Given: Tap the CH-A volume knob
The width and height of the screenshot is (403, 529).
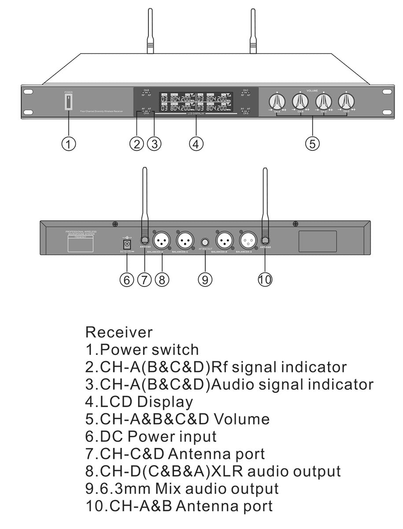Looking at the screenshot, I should click(277, 101).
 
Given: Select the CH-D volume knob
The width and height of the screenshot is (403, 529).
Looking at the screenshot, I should click(347, 101).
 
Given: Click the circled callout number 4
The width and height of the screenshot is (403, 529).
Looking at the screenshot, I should click(196, 143).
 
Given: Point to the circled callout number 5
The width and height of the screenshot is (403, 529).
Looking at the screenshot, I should click(312, 143).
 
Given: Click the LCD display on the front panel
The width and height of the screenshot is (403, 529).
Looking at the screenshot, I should click(196, 102).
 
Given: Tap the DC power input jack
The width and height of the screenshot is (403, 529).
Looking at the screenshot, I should click(127, 244).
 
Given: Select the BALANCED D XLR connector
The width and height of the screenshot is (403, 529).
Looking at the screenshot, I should click(162, 240).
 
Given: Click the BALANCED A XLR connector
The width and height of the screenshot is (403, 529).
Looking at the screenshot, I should click(247, 240).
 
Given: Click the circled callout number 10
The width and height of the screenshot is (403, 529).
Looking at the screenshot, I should click(265, 279).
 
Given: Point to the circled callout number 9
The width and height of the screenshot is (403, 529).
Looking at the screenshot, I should click(205, 279).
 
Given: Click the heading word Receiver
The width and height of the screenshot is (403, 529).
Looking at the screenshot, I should click(119, 332).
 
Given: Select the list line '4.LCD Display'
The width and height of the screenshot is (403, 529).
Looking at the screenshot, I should click(139, 402).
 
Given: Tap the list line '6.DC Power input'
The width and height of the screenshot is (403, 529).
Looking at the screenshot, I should click(151, 436).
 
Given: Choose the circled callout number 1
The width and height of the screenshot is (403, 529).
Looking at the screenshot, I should click(68, 143).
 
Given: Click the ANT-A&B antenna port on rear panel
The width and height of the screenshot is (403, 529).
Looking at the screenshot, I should click(265, 240).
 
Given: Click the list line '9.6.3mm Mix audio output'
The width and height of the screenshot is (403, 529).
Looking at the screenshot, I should click(182, 488).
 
